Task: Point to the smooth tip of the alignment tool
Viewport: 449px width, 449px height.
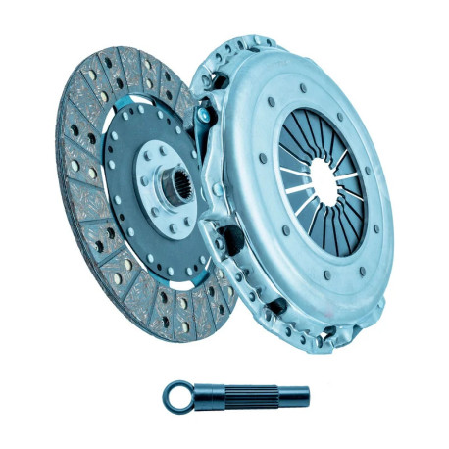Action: [294, 397]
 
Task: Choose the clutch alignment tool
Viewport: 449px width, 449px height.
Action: [235, 397]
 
